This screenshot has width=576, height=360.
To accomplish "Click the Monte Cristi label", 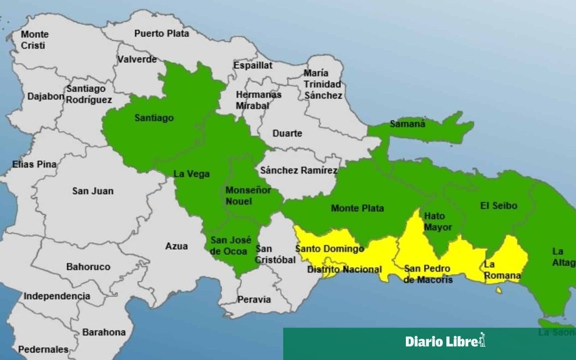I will click(33, 40).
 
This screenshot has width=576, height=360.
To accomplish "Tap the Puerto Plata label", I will click(162, 33).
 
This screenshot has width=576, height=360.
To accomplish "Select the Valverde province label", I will click(137, 59).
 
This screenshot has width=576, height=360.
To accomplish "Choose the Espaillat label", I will click(253, 65).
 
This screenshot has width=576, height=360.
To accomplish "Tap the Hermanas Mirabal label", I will click(259, 100).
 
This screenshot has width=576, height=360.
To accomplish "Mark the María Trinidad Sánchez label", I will click(323, 84).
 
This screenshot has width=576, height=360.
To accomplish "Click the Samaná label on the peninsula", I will click(408, 124).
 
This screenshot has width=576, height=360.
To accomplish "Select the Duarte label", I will click(287, 133).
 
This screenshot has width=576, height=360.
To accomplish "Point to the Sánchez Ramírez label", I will click(299, 171).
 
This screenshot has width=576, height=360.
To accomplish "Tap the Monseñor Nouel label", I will click(249, 196).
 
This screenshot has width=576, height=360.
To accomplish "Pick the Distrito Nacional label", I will click(344, 270).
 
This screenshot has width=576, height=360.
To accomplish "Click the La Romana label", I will click(502, 270).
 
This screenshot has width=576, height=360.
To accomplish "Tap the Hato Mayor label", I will click(437, 222).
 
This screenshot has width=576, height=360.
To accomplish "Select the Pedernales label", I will click(43, 350).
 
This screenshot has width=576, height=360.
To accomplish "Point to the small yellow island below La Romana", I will click(499, 291).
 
